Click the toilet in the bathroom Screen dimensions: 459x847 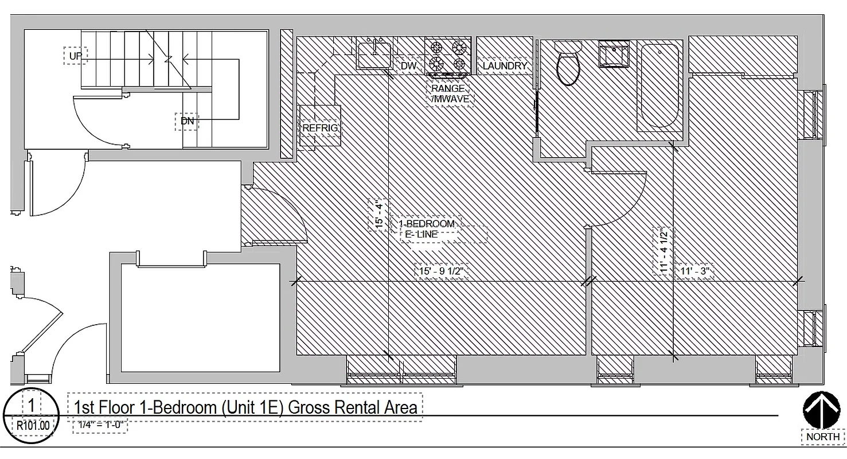coord(568,64)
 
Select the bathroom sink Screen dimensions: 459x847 coord(613,54)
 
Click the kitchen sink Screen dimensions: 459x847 coord(374,55)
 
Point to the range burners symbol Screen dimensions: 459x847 coord(447,55)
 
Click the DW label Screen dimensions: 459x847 coord(408,66)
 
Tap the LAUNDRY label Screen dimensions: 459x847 coord(504,66)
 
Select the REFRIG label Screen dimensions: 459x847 coord(320,128)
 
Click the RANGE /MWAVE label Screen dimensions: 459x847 coord(450,94)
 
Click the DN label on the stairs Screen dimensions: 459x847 coord(187,121)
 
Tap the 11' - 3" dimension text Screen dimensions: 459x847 coord(695,270)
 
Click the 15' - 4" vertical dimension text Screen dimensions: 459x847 coord(378,215)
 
